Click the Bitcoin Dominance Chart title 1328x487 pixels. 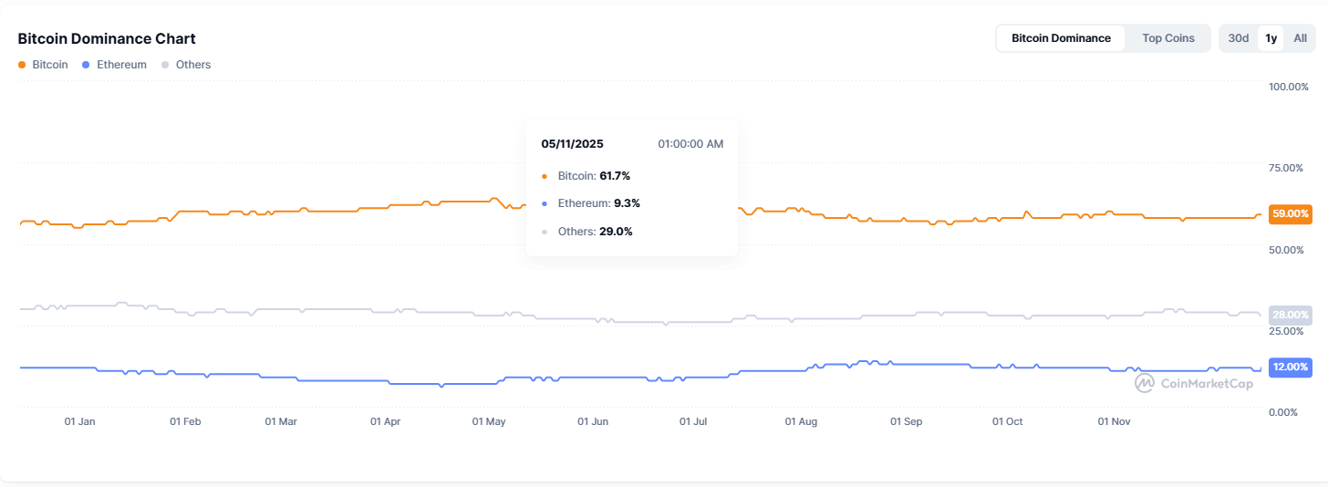click(x=107, y=38)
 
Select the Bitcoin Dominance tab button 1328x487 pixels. click(x=1061, y=38)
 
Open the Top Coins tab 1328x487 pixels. click(x=1167, y=38)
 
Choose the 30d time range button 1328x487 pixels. click(x=1238, y=38)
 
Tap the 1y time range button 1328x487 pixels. click(x=1271, y=38)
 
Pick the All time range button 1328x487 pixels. click(x=1300, y=38)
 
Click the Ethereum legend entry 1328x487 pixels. click(x=114, y=65)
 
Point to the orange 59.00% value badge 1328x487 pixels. click(x=1290, y=213)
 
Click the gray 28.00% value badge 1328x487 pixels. click(x=1290, y=315)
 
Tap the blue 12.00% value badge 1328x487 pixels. click(x=1290, y=367)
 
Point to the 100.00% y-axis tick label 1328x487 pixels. click(x=1289, y=86)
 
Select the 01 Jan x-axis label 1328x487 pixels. click(x=79, y=421)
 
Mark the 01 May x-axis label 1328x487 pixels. click(x=489, y=421)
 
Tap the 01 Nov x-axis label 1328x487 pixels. click(x=1114, y=421)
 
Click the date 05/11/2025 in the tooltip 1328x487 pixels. click(x=572, y=144)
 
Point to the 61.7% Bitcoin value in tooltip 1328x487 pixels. click(x=615, y=175)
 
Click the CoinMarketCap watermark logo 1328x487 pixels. click(x=1194, y=383)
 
